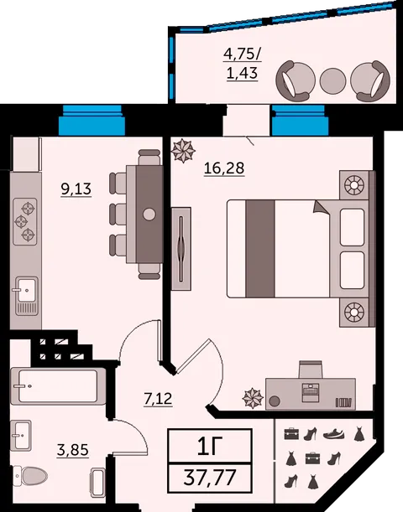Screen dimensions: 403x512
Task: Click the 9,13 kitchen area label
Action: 76,189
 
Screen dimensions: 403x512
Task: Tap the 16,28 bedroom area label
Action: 224,168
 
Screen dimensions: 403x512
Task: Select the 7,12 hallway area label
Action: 159,398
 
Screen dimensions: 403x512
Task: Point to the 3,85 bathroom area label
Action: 72,450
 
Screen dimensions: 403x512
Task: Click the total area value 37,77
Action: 210,477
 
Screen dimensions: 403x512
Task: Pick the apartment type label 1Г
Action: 209,447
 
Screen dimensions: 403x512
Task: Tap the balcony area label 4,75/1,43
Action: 243,64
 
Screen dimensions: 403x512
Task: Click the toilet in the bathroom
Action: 30,476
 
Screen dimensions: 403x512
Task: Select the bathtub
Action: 58,386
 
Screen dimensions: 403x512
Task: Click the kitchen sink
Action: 25,289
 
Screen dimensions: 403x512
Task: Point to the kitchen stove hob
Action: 25,221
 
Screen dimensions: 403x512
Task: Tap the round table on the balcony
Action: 332,80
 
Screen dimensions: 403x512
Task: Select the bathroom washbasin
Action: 21,436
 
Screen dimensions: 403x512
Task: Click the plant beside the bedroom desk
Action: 253,398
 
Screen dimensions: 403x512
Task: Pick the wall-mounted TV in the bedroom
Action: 181,249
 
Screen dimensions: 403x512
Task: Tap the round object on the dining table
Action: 149,215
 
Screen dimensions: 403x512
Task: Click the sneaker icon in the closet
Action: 334,434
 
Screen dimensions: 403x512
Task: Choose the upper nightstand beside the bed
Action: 354,185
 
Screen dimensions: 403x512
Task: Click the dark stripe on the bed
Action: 260,249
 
